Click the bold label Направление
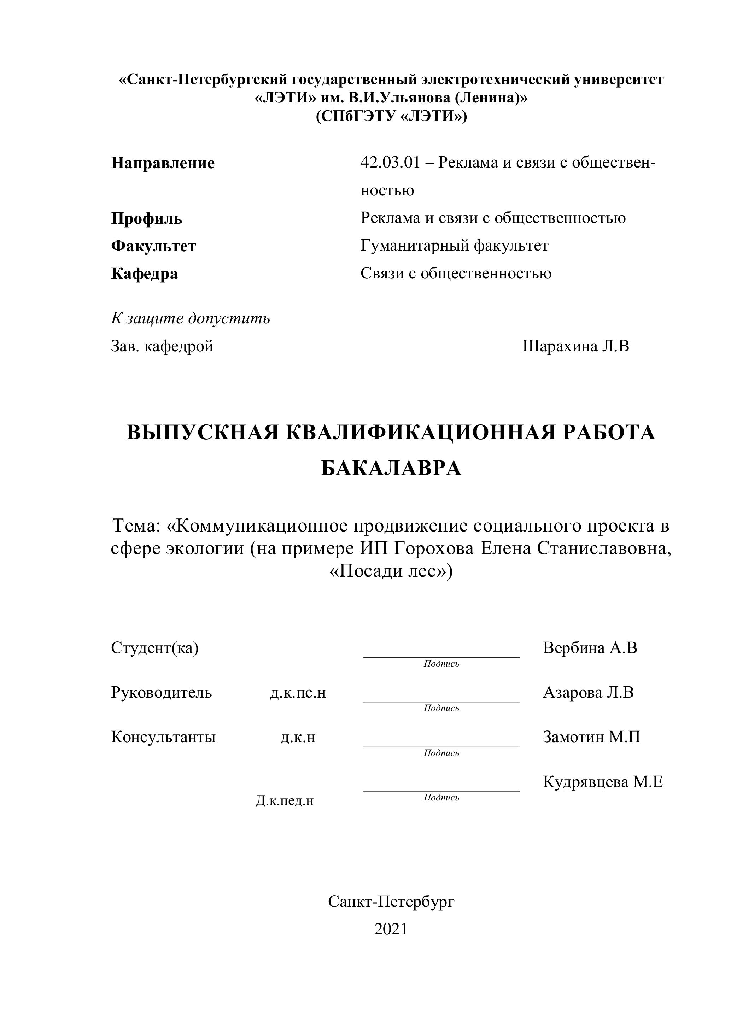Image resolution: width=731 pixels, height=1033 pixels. click(163, 163)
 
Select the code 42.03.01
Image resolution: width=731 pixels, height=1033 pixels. click(390, 162)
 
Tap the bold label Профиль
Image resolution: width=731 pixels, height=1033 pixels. click(147, 219)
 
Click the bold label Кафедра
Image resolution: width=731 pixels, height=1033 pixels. click(145, 274)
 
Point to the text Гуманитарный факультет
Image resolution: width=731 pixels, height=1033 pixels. click(454, 246)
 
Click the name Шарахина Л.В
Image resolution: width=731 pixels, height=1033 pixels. click(576, 346)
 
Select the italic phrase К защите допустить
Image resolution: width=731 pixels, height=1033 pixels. click(191, 318)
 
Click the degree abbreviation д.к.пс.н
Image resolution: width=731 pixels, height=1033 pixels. click(298, 693)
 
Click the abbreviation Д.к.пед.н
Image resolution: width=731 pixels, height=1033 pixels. click(285, 801)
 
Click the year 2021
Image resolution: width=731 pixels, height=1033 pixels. click(391, 929)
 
